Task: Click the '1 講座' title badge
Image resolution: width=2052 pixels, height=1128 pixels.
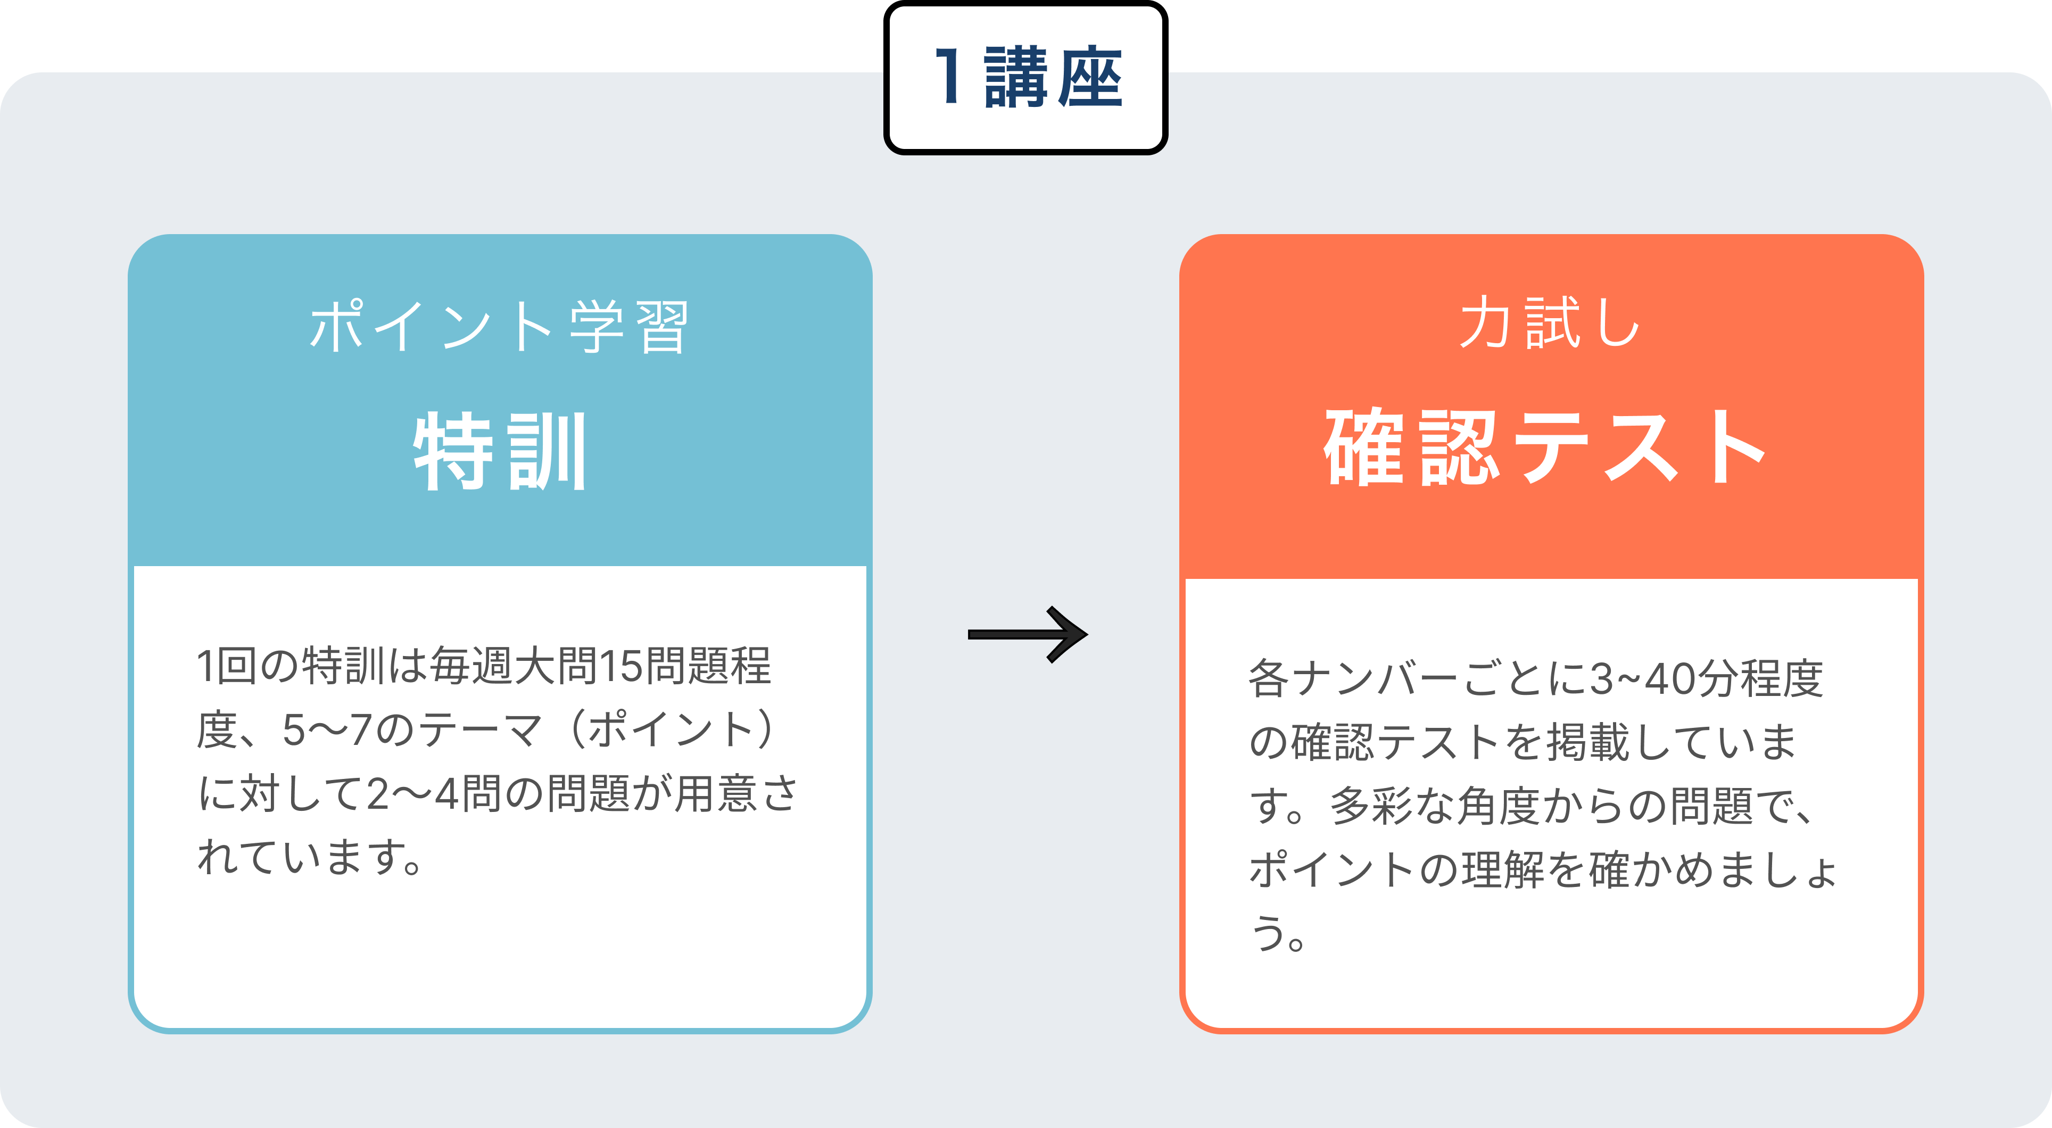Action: [x=1026, y=77]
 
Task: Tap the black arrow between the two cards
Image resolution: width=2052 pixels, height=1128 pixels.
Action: [x=1028, y=634]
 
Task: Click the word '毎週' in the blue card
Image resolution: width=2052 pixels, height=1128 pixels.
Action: [x=471, y=666]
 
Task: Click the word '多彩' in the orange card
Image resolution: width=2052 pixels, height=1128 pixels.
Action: [x=1372, y=806]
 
